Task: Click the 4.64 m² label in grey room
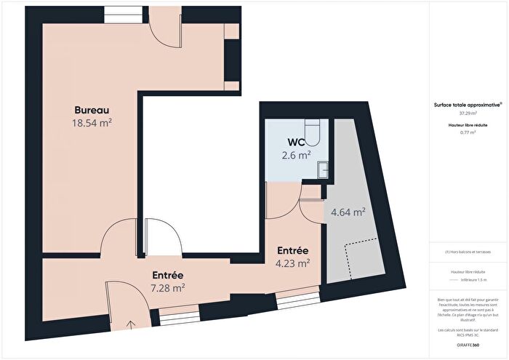pos(348,212)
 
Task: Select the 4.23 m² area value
pos(294,263)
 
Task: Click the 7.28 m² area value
pos(167,287)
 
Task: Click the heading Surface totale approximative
pos(468,105)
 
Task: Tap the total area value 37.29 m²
pos(468,113)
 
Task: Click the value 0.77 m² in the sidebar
pos(468,132)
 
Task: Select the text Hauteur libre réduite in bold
pos(468,125)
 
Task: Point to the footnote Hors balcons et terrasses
pos(468,252)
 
